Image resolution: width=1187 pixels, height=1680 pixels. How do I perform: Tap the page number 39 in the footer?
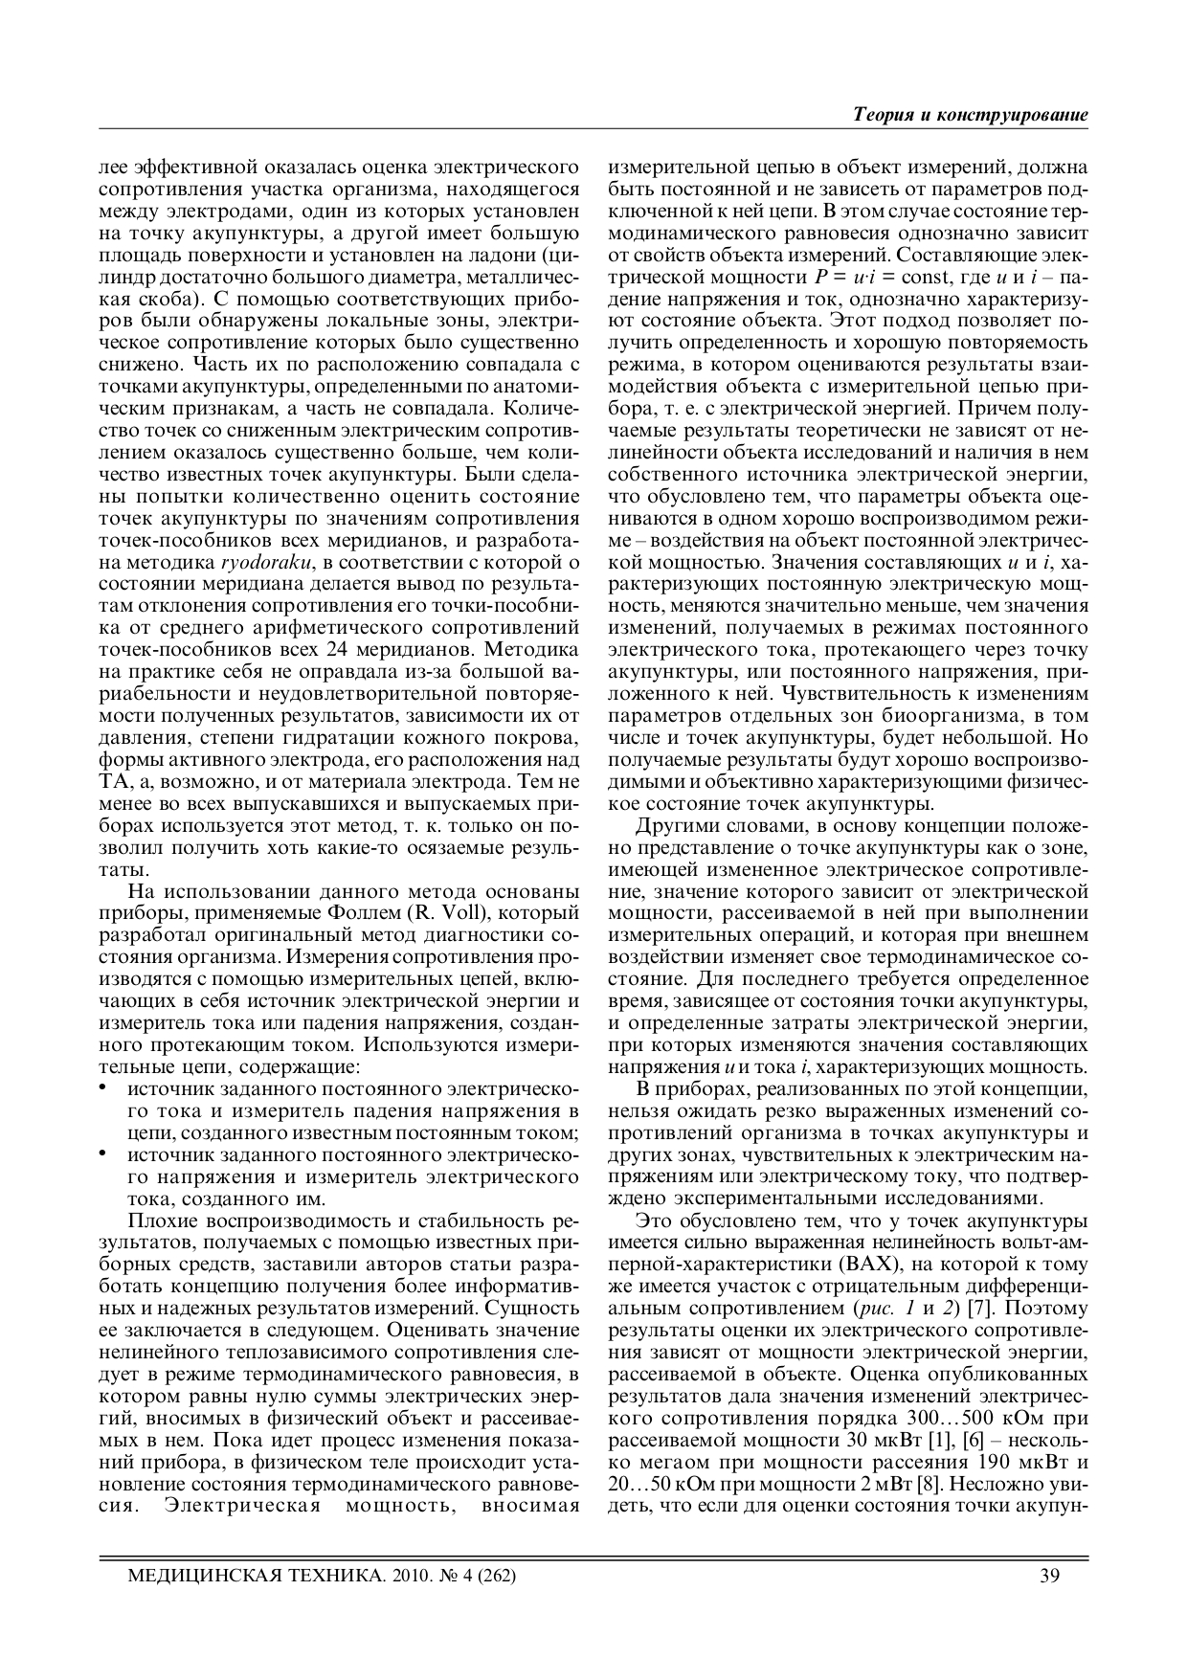pyautogui.click(x=1049, y=1577)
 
